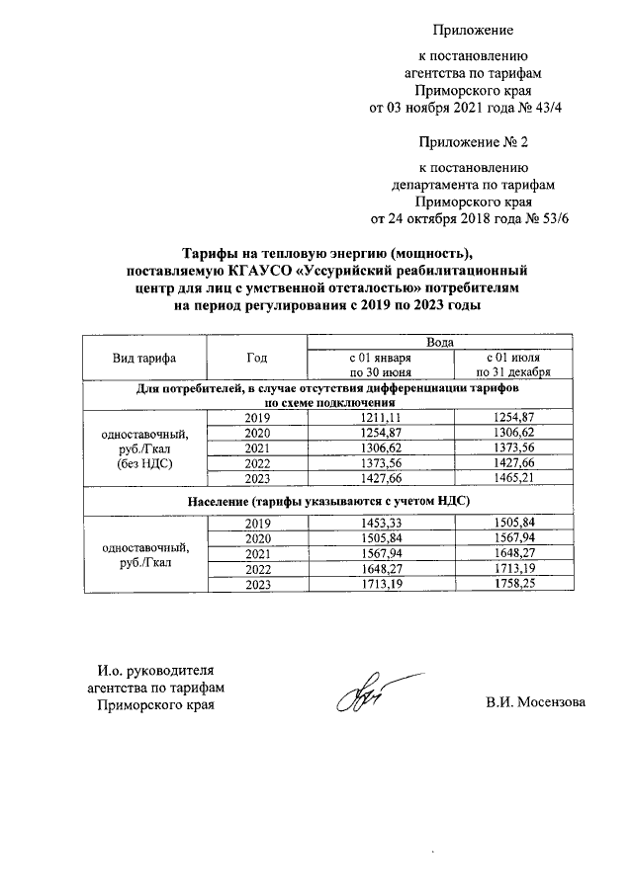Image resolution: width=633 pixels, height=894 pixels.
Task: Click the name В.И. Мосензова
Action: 535,703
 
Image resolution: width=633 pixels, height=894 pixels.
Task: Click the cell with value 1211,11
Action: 380,418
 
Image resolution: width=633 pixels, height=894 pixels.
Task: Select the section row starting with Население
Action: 329,502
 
